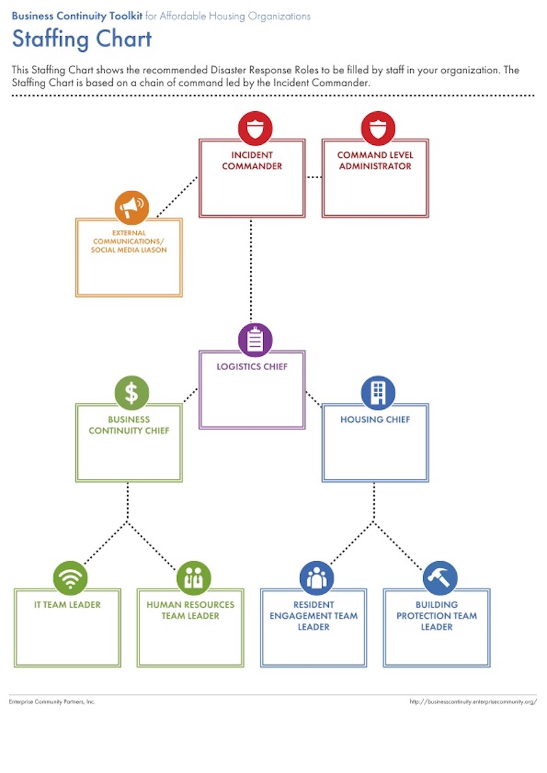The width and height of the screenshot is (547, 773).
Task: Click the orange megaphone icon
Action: (x=132, y=207)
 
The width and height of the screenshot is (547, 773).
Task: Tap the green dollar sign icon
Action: (x=132, y=393)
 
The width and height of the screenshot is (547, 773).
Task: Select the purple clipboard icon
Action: (x=255, y=340)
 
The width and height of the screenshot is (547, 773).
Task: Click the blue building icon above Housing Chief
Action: (x=378, y=393)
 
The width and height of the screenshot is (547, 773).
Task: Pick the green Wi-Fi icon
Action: (x=70, y=578)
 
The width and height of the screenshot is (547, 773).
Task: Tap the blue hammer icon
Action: (x=440, y=578)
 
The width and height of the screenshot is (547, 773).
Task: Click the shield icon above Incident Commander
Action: (x=255, y=128)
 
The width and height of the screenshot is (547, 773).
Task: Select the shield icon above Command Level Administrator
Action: (x=378, y=128)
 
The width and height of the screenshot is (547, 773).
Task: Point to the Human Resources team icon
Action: (x=194, y=578)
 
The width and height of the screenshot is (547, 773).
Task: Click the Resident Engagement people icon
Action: (x=317, y=578)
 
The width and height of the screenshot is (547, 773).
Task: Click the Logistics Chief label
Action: (x=252, y=367)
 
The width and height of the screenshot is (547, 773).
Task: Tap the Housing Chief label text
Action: (x=375, y=419)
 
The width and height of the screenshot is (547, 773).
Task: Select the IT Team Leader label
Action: (x=68, y=605)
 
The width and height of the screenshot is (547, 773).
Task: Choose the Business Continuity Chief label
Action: (x=129, y=425)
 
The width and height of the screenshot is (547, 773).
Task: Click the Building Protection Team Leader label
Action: (x=437, y=615)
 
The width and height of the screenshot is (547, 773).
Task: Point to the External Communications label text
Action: (x=129, y=242)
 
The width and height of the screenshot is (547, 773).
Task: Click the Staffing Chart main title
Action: (x=82, y=39)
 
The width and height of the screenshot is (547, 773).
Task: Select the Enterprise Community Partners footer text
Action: (x=52, y=701)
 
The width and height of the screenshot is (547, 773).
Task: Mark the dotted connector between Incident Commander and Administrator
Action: (x=314, y=178)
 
